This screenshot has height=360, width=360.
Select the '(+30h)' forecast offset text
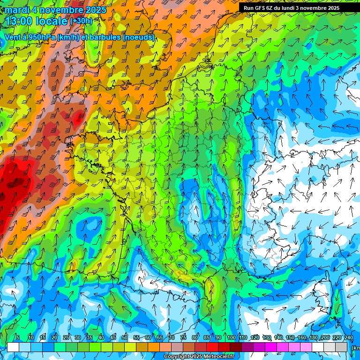pos(81,21)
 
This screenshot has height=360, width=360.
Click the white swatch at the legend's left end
pos(13,347)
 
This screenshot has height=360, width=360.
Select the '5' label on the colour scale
pos(18,337)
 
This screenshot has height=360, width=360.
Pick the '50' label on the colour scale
pos(125,337)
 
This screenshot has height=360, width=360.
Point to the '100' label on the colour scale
pos(232,337)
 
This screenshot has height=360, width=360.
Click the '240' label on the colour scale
pos(349,337)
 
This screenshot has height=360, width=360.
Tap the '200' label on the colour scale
pos(325,337)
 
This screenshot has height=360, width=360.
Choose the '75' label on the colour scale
pos(183,337)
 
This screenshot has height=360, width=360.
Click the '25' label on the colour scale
pos(66,337)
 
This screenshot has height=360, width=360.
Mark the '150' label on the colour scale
pos(290,337)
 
